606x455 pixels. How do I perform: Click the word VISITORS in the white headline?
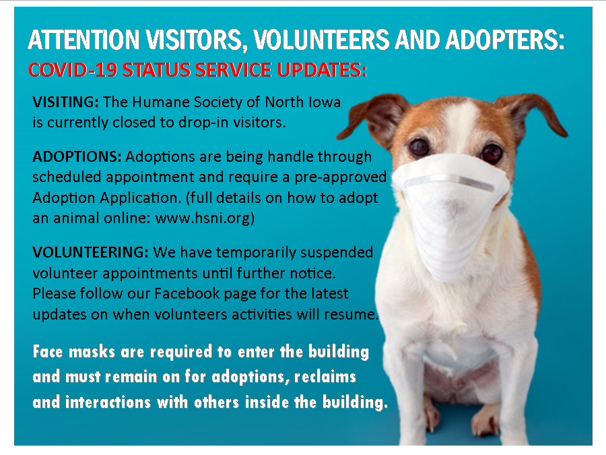coord(197,40)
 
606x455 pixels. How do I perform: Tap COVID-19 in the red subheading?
coord(72,70)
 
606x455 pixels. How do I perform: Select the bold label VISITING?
coord(66,102)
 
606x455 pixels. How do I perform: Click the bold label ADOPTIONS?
coord(77,156)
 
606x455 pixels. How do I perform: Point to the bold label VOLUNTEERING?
coord(90,252)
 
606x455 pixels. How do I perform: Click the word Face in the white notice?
coord(48,352)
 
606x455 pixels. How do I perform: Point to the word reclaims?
coord(325,377)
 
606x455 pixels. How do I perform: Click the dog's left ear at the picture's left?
coord(371,119)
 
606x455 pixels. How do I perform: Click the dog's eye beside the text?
coord(419,147)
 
